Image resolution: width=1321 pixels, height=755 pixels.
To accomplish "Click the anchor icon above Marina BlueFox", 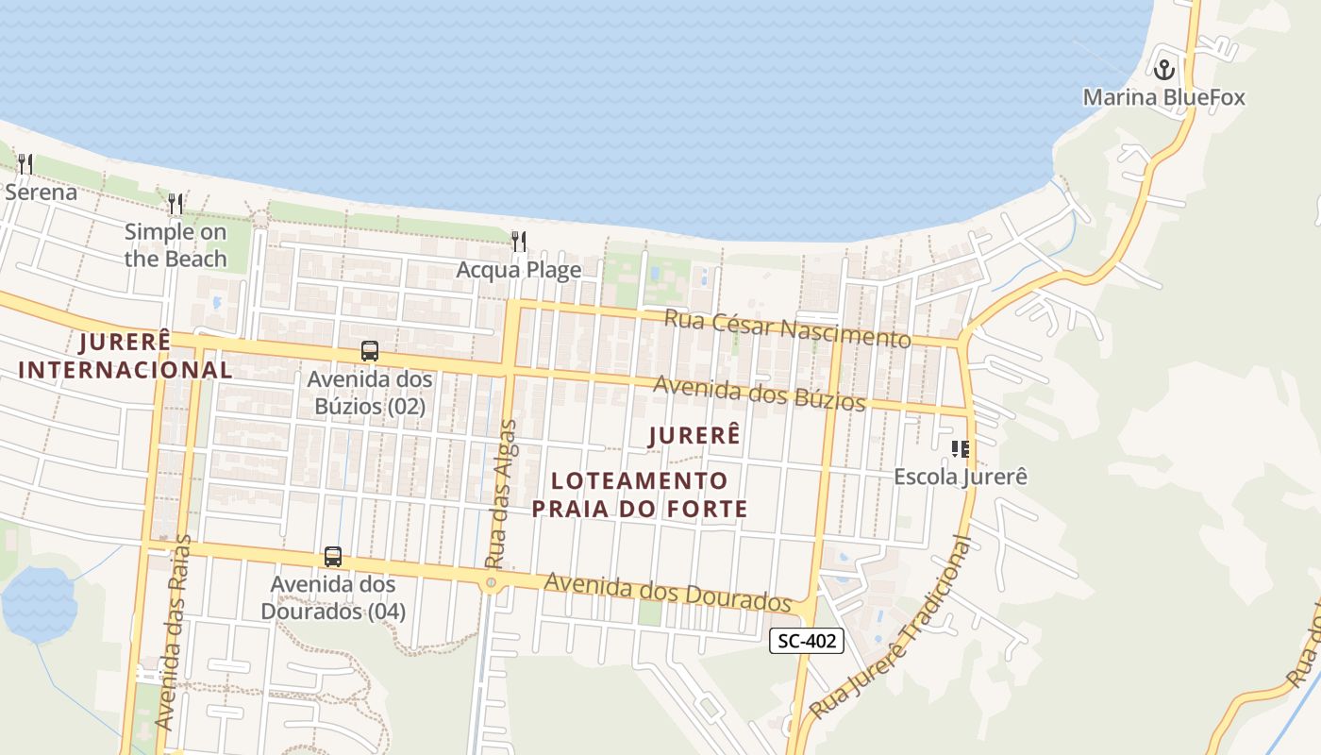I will (1164, 70).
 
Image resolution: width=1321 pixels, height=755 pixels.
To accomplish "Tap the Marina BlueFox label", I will (1163, 97).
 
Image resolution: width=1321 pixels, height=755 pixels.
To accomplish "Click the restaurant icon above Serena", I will (25, 164).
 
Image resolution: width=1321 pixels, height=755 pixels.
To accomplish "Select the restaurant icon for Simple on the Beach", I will (176, 203).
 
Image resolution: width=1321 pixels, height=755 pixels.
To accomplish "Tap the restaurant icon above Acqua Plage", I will (518, 242).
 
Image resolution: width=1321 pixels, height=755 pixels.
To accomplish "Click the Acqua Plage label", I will (518, 270).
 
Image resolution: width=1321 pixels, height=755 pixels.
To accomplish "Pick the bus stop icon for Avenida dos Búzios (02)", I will (370, 351).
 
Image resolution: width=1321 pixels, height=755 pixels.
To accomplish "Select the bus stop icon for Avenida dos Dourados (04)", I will (332, 557).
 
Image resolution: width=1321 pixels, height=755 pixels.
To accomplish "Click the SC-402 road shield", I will (805, 641).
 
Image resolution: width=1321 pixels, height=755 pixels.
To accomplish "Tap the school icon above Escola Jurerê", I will (961, 448).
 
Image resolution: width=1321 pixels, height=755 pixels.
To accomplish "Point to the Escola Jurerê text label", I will (961, 477).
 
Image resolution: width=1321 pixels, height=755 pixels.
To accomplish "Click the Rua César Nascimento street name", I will (788, 327).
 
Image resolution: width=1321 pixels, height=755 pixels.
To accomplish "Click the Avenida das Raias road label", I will (173, 632).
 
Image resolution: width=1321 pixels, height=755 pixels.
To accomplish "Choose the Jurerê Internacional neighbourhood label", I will (125, 356).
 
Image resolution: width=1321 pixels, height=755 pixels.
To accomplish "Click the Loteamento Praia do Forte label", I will (640, 495).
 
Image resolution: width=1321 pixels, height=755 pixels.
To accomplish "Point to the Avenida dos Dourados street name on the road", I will (667, 592).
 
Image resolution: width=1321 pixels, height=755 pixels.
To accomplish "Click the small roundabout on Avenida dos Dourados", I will (491, 583).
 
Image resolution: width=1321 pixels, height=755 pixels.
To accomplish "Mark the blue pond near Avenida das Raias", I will (39, 604).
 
